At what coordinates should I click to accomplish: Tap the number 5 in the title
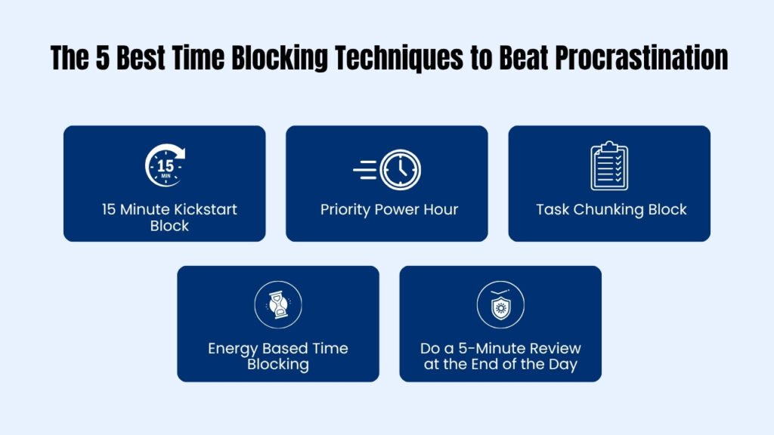tap(103, 58)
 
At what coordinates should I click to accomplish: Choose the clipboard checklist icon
tap(609, 166)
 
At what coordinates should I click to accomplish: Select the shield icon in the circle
tap(500, 306)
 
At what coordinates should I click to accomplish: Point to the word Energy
tap(231, 349)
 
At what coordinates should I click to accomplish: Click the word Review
tap(553, 349)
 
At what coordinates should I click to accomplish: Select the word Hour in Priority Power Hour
tap(441, 210)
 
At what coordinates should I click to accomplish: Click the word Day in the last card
tap(562, 366)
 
